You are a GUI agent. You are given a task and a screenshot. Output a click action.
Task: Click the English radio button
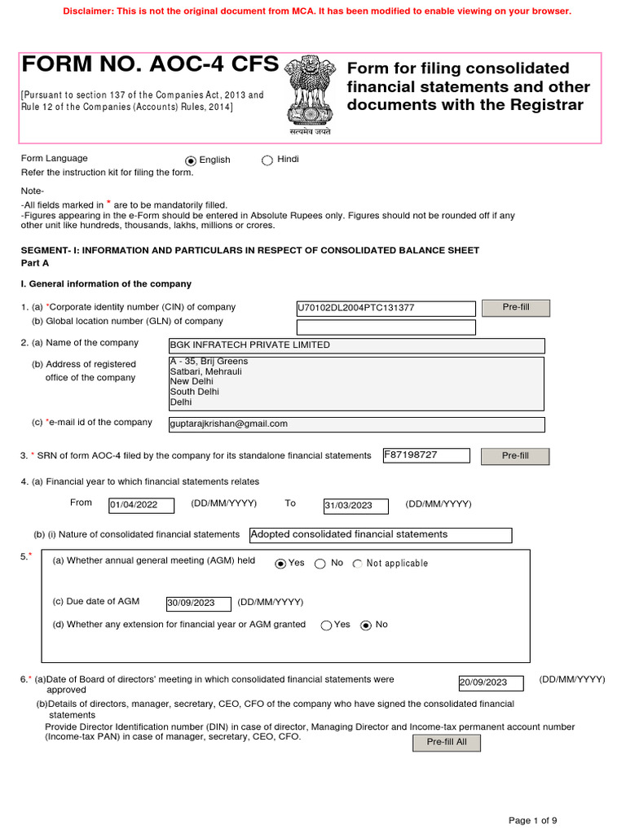191,161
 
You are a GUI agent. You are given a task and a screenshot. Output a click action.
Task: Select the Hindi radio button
267,160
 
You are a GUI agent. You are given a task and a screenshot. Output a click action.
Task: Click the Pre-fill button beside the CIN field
515,308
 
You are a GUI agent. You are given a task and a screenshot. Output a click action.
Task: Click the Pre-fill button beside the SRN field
515,456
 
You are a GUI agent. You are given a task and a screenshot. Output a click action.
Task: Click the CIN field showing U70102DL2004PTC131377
386,309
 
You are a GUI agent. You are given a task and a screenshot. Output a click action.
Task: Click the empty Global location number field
386,327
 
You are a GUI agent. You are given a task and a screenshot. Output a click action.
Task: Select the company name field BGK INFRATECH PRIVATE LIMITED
355,345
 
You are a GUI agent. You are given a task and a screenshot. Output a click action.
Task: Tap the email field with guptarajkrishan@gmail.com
355,424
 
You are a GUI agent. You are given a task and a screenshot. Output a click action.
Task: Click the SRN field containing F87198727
426,455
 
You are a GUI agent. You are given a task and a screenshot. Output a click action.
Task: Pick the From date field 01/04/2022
142,506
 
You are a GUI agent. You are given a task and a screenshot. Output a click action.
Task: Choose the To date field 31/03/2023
355,506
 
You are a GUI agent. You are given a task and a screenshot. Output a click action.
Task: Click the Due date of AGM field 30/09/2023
198,604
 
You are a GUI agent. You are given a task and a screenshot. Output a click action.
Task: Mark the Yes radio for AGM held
280,564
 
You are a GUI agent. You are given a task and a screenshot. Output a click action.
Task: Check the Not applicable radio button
358,564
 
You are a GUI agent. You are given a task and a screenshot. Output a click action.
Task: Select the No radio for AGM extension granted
366,625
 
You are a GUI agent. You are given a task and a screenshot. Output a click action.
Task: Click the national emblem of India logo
309,91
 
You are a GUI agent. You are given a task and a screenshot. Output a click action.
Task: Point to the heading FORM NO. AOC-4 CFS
150,65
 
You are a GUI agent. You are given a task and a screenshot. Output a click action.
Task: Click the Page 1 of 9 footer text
533,820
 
